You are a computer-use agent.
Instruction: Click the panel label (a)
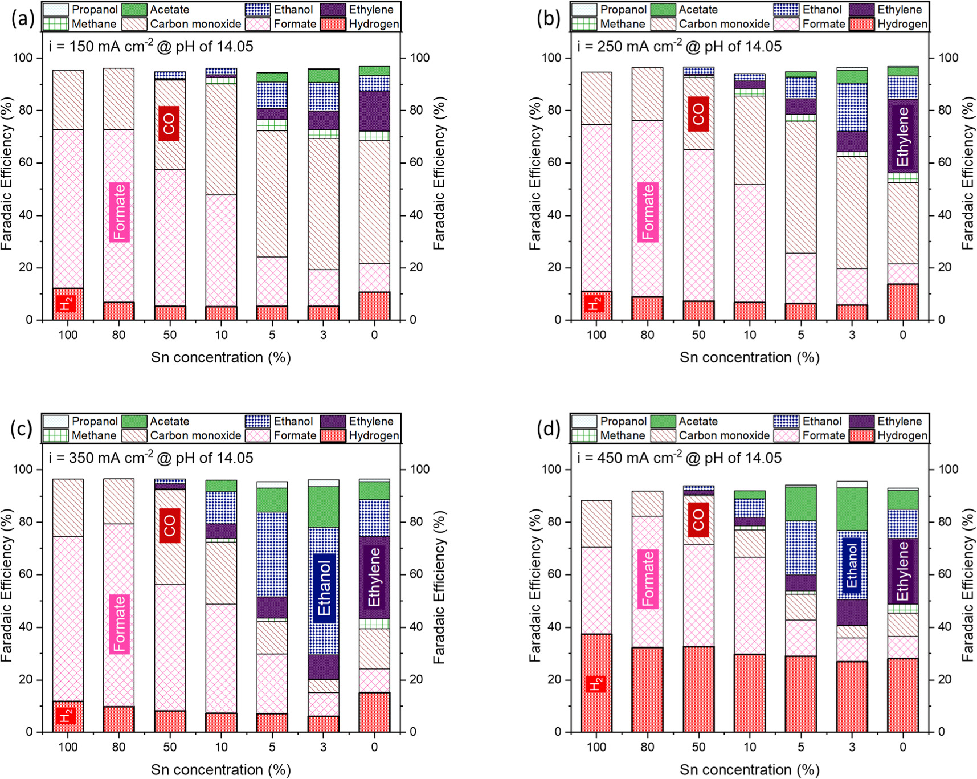[x=23, y=19]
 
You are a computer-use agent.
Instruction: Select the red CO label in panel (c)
[x=170, y=523]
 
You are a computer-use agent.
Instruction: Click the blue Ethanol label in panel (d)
[x=852, y=566]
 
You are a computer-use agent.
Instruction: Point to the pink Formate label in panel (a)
[x=119, y=212]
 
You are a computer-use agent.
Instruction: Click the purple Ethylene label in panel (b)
[x=903, y=137]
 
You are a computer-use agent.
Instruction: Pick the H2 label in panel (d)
[x=596, y=683]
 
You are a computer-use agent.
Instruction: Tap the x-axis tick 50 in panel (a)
[x=170, y=335]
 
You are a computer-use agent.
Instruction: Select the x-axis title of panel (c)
[x=220, y=769]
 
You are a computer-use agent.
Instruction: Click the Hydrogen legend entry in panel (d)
[x=902, y=435]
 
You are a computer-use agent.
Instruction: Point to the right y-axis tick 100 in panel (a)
[x=420, y=58]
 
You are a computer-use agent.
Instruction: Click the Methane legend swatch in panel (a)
[x=55, y=24]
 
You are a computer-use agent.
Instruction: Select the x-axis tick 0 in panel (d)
[x=903, y=747]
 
